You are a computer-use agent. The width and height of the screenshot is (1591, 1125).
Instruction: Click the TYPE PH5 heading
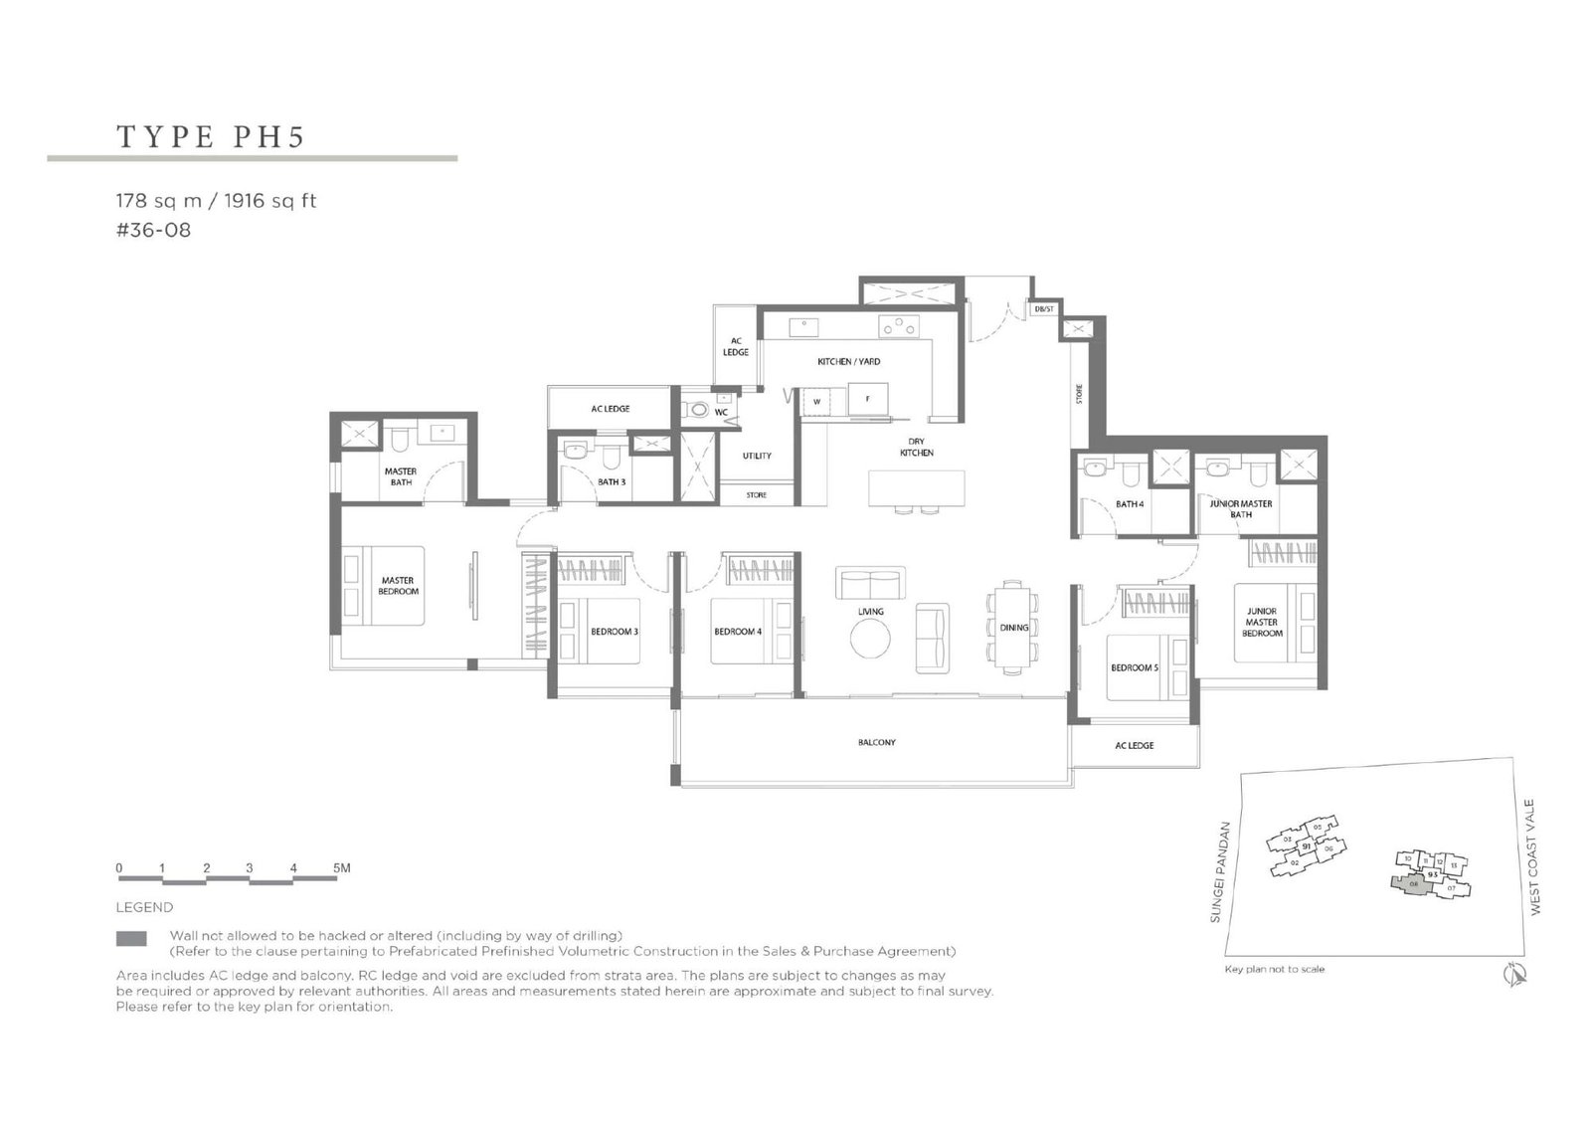pyautogui.click(x=211, y=136)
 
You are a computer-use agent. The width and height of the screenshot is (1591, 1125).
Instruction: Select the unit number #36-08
pyautogui.click(x=153, y=230)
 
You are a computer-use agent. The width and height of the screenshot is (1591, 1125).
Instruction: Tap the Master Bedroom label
pyautogui.click(x=398, y=586)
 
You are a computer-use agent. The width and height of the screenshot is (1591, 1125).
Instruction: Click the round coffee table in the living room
pyautogui.click(x=870, y=639)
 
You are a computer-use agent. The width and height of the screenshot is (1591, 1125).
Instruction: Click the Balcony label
pyautogui.click(x=876, y=742)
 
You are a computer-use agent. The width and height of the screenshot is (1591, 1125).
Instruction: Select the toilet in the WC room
pyautogui.click(x=699, y=410)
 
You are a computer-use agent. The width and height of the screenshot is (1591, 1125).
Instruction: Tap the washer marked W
pyautogui.click(x=816, y=402)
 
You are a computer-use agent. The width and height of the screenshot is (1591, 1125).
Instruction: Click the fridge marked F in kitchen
pyautogui.click(x=867, y=399)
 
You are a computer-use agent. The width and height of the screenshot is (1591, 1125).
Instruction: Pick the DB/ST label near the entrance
pyautogui.click(x=1043, y=309)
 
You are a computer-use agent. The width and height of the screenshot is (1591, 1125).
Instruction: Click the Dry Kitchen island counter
pyautogui.click(x=916, y=487)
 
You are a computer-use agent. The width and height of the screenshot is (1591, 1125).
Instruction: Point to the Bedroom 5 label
pyautogui.click(x=1134, y=667)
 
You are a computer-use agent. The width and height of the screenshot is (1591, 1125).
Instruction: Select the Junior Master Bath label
pyautogui.click(x=1240, y=509)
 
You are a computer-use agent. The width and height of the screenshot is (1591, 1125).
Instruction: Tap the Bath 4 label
pyautogui.click(x=1130, y=504)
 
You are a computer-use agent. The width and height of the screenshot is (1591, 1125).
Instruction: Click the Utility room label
pyautogui.click(x=757, y=456)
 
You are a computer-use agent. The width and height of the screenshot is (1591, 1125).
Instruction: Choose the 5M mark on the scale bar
pyautogui.click(x=341, y=868)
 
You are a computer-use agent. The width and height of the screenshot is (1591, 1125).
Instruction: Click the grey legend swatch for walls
pyautogui.click(x=131, y=938)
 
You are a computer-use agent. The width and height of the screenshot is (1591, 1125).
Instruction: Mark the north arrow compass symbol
pyautogui.click(x=1515, y=975)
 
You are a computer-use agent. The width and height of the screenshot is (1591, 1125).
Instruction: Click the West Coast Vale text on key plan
pyautogui.click(x=1535, y=856)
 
